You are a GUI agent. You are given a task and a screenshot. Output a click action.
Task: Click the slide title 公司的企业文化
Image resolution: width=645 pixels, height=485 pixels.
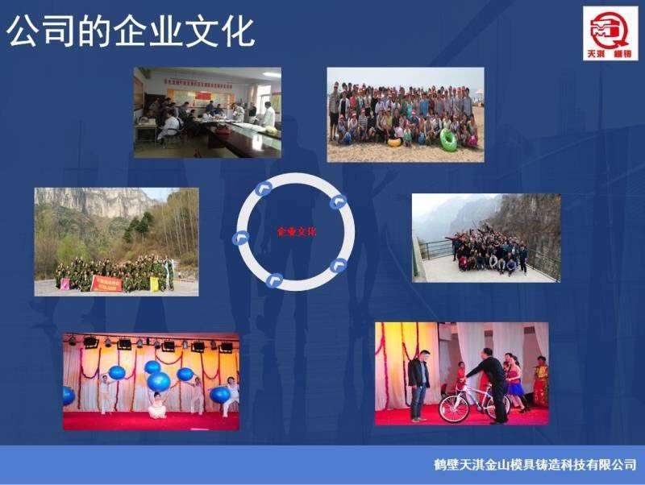tap(131, 32)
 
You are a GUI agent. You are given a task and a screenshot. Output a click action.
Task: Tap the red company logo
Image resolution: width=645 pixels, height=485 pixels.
tap(610, 33)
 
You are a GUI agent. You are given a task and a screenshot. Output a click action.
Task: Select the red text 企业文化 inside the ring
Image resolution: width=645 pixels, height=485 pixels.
tap(297, 232)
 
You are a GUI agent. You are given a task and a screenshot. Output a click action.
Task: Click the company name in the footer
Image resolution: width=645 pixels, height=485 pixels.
tap(535, 465)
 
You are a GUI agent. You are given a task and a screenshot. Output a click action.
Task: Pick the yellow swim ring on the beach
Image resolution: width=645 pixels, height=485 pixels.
tap(395, 143)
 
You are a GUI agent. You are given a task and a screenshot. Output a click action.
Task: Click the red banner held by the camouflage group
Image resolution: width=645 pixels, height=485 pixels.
tap(106, 282)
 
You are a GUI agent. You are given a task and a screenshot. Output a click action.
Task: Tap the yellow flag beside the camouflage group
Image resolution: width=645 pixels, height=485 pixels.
tap(154, 283)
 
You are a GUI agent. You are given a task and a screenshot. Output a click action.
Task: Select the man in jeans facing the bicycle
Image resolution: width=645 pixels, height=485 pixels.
tap(418, 385)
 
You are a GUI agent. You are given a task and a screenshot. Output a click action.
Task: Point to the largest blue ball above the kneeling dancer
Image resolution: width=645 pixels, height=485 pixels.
tap(159, 381)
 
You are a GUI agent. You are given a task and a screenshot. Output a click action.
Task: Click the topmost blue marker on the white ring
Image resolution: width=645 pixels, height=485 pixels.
tap(262, 189)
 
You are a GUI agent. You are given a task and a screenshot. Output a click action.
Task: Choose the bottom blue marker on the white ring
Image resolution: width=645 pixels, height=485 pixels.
tap(275, 280)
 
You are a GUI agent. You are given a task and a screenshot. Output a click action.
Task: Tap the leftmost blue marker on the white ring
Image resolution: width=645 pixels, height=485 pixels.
tap(239, 237)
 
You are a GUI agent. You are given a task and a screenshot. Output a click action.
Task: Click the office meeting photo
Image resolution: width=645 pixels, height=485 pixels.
tap(207, 112)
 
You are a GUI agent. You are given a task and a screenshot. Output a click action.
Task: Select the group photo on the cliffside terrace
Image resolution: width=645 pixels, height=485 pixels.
tap(486, 238)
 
